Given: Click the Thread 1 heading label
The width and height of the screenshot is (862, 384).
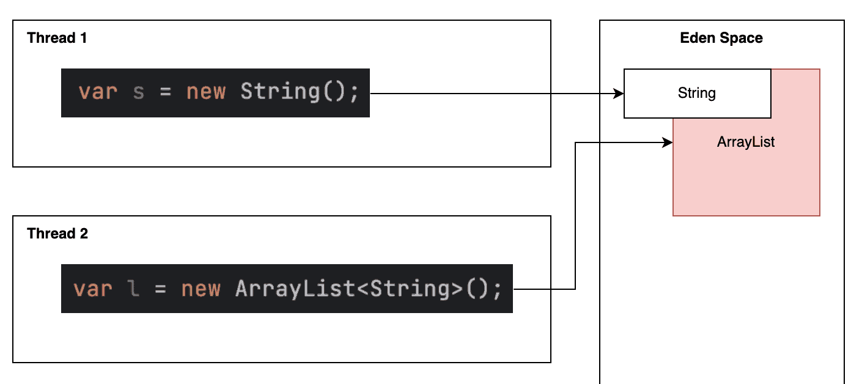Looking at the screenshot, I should [x=57, y=38].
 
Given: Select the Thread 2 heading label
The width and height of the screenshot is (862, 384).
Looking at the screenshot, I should [x=57, y=234].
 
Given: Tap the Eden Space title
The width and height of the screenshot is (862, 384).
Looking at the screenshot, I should [x=721, y=38].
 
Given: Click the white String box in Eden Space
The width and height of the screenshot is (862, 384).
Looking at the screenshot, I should [x=697, y=94].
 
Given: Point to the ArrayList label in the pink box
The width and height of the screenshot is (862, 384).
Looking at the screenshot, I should [x=746, y=142].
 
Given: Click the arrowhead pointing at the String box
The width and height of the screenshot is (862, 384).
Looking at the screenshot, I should [x=619, y=94].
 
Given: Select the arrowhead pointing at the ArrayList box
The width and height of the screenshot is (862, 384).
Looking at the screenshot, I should [x=668, y=142].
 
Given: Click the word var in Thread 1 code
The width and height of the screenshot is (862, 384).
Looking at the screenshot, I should [x=98, y=92].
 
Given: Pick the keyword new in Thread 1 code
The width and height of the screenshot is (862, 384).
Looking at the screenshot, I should [x=206, y=92].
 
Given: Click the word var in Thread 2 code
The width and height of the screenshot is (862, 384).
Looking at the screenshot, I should [x=93, y=289].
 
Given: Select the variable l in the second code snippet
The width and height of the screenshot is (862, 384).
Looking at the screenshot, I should [x=134, y=289].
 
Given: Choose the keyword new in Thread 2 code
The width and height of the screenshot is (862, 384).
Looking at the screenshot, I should [x=201, y=289].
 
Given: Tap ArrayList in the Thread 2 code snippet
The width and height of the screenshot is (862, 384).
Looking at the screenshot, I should [x=295, y=289].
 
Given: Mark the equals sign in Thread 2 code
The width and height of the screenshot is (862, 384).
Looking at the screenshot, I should [x=161, y=289].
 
